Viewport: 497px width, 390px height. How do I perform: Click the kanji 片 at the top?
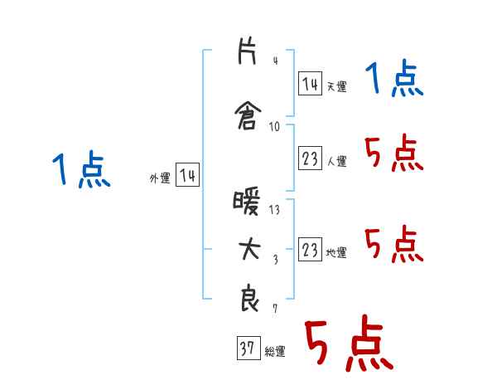[x=247, y=51]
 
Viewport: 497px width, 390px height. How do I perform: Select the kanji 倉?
[x=248, y=115]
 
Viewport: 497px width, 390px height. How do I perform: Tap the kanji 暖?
[x=247, y=202]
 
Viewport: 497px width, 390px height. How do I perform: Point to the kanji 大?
[x=249, y=250]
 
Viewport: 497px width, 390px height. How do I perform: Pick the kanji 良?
[x=249, y=298]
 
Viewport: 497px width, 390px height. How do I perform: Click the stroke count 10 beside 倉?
[x=274, y=127]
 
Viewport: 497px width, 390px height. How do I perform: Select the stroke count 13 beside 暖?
[x=274, y=210]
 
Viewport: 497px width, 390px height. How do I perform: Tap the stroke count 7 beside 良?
[x=275, y=308]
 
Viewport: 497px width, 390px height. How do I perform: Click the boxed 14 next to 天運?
[x=310, y=84]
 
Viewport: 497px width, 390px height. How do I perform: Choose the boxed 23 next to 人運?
[x=310, y=158]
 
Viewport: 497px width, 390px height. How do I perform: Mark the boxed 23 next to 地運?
[x=310, y=249]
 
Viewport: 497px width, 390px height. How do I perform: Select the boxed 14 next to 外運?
[x=187, y=175]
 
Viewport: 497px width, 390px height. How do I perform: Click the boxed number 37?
[x=248, y=348]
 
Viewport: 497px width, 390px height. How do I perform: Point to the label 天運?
[x=336, y=86]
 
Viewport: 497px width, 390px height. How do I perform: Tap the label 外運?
[x=160, y=178]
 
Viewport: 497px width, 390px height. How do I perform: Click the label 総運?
[x=275, y=352]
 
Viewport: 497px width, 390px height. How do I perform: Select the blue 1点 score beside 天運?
[x=394, y=78]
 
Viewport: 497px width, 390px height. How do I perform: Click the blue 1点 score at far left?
[x=81, y=168]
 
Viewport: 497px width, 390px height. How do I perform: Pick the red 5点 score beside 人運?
[x=394, y=153]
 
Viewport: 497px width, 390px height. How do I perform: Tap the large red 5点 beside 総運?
[x=350, y=343]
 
